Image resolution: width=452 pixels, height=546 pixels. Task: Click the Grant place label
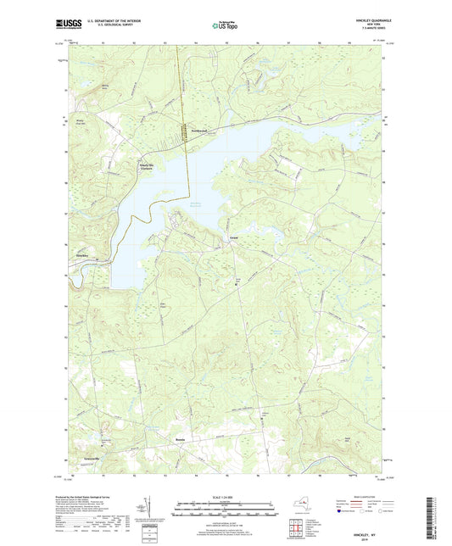coord(232,238)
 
